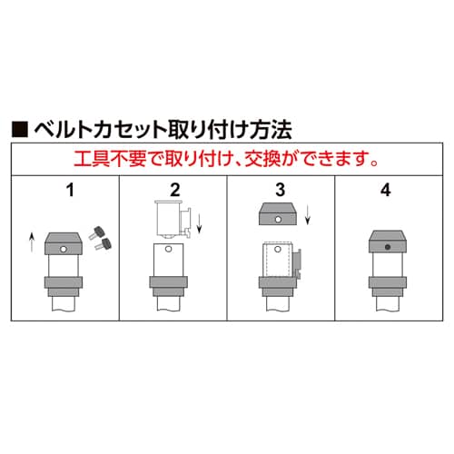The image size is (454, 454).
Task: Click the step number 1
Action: (x=70, y=190)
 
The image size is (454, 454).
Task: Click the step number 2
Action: (x=175, y=190)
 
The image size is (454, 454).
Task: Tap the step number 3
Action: (x=281, y=190)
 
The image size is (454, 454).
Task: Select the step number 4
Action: (x=386, y=190)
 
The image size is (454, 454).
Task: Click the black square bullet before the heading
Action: (x=20, y=130)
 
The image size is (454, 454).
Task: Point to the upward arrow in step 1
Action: (x=32, y=242)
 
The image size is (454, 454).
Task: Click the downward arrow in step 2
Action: (x=199, y=223)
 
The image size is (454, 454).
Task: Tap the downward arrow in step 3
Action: (x=308, y=214)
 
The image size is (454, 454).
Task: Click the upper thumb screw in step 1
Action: (x=97, y=233)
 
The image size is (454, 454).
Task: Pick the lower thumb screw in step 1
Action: (x=104, y=244)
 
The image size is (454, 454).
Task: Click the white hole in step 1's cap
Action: (x=64, y=250)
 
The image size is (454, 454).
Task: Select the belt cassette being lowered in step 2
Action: (x=173, y=220)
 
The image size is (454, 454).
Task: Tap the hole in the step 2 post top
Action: (x=169, y=250)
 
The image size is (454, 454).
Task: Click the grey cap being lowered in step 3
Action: (x=278, y=213)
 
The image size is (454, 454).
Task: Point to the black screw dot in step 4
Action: (x=388, y=247)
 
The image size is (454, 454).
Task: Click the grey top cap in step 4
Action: (x=388, y=242)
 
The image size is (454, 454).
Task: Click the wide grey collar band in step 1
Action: (x=64, y=282)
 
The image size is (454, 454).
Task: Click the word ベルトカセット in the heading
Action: (x=101, y=130)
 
